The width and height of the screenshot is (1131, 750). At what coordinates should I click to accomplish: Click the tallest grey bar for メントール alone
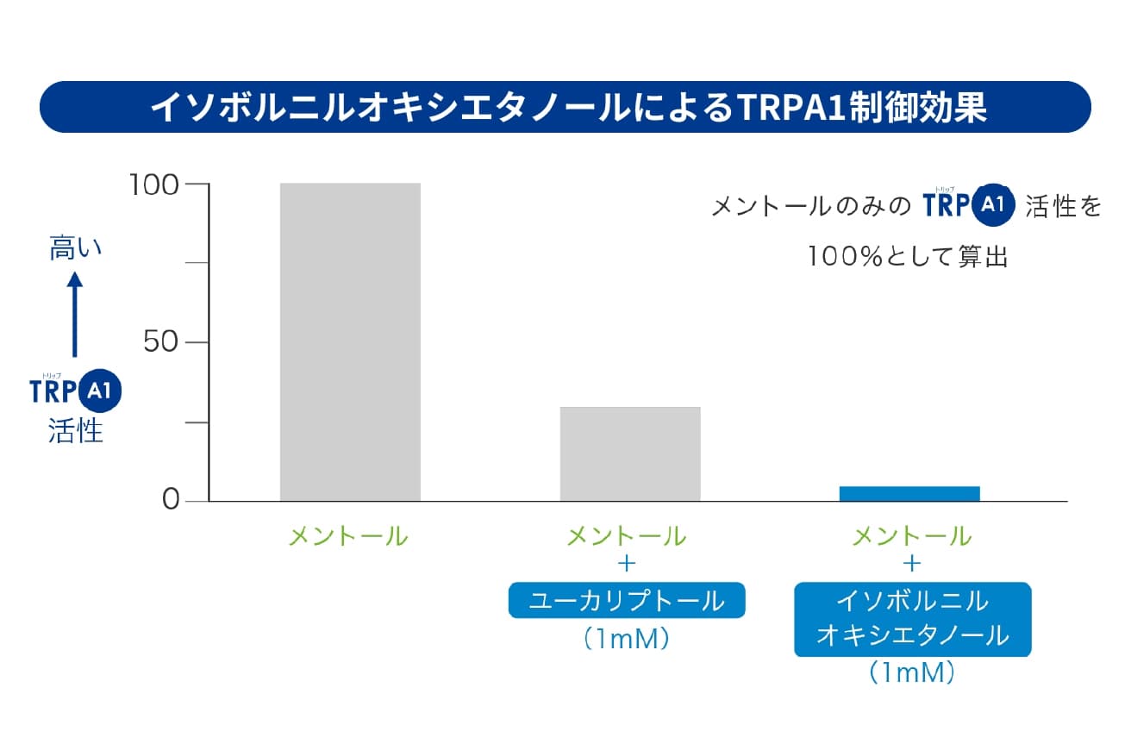click(x=350, y=341)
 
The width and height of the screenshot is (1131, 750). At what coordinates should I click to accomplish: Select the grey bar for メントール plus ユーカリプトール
click(x=630, y=453)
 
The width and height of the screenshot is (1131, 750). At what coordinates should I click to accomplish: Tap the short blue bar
click(x=909, y=493)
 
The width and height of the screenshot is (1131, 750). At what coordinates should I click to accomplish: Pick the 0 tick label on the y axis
click(x=170, y=501)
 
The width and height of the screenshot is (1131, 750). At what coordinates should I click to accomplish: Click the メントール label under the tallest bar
click(x=348, y=536)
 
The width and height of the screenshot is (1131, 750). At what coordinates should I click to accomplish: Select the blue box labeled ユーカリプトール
click(x=627, y=601)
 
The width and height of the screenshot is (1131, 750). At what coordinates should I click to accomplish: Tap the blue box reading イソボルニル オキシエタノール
click(x=912, y=620)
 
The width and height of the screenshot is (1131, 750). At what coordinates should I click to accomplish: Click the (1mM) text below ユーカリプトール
click(x=627, y=639)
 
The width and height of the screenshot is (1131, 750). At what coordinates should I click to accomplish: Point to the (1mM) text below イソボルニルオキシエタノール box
click(x=912, y=672)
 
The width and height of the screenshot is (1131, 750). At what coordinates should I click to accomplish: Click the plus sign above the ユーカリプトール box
click(x=627, y=564)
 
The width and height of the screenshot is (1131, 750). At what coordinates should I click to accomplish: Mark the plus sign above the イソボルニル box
click(x=912, y=564)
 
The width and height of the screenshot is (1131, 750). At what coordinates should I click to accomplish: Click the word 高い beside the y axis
click(x=75, y=248)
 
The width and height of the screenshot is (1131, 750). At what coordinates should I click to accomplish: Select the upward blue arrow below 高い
click(x=75, y=314)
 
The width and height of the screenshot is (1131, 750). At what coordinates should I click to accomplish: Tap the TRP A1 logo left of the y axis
click(x=76, y=391)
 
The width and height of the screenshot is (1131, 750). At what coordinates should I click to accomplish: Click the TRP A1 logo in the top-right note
click(x=969, y=205)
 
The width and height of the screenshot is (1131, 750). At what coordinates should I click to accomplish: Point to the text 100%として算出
click(x=907, y=256)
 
